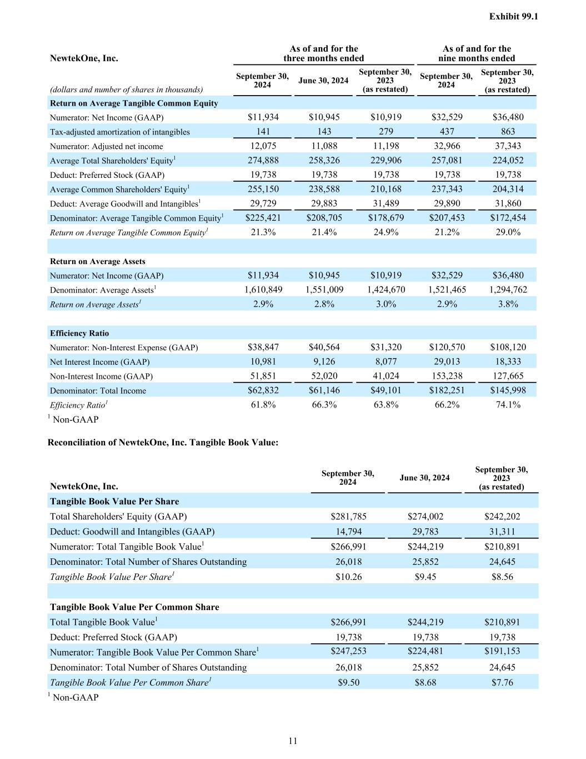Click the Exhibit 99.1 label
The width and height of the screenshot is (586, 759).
[513, 17]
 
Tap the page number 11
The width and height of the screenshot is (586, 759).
[293, 741]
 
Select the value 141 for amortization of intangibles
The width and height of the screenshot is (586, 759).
[263, 132]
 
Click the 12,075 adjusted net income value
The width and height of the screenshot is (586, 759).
[263, 146]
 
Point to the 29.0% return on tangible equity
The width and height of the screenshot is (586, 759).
[507, 232]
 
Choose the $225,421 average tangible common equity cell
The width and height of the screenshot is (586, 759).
[263, 218]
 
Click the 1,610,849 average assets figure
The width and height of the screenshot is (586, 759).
[263, 290]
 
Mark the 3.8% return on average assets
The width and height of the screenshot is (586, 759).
[507, 304]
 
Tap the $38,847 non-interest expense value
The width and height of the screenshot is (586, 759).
[263, 347]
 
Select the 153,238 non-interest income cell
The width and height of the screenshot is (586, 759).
[447, 376]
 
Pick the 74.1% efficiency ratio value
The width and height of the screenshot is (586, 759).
[507, 405]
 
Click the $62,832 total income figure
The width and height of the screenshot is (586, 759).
[263, 390]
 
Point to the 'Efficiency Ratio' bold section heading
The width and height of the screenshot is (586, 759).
[79, 333]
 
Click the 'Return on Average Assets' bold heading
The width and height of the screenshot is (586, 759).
[98, 261]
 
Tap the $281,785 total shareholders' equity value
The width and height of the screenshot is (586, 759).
[348, 517]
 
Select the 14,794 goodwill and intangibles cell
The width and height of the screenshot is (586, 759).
[348, 532]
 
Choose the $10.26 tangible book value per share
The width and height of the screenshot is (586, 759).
[348, 577]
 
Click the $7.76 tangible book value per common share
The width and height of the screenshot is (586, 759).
[502, 682]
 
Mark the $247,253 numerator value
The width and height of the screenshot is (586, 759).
[348, 651]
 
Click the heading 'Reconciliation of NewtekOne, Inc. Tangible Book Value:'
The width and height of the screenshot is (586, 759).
[163, 443]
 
